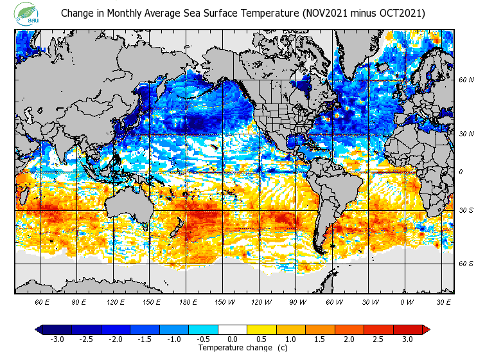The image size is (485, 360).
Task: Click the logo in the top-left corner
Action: click(x=27, y=14)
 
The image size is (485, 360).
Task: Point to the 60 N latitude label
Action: click(x=466, y=80)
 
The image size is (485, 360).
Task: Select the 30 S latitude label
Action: click(x=466, y=210)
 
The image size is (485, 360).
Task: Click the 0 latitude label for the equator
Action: click(x=461, y=172)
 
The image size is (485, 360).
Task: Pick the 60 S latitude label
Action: click(x=466, y=264)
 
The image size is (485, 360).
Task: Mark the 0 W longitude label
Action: click(x=407, y=302)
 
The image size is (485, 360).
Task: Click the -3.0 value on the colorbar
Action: click(x=57, y=339)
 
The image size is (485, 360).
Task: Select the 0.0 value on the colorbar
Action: click(x=233, y=339)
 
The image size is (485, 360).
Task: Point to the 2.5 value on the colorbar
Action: click(x=378, y=339)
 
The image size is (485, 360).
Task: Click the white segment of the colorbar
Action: click(x=233, y=330)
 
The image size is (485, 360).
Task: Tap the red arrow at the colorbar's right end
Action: click(x=426, y=330)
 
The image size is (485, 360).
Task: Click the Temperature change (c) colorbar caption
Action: click(x=234, y=348)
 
